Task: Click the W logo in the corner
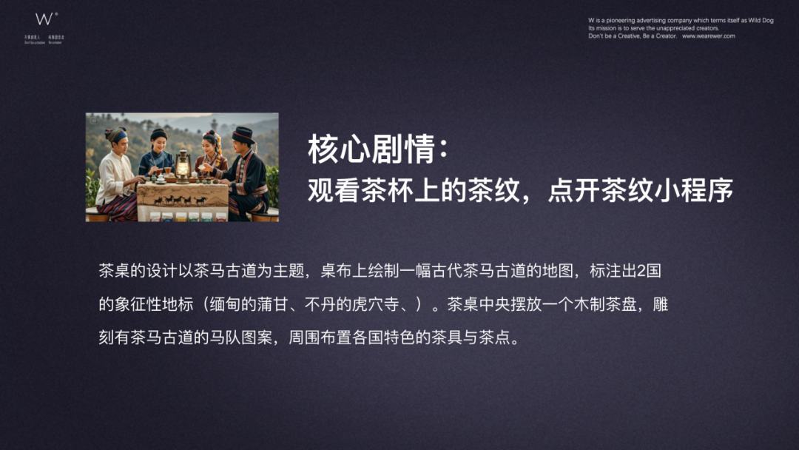[44, 19]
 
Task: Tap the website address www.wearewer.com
[708, 36]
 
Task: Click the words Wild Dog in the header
[758, 21]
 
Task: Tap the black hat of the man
[243, 134]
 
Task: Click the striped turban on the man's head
[116, 134]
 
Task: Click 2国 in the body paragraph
[648, 271]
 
